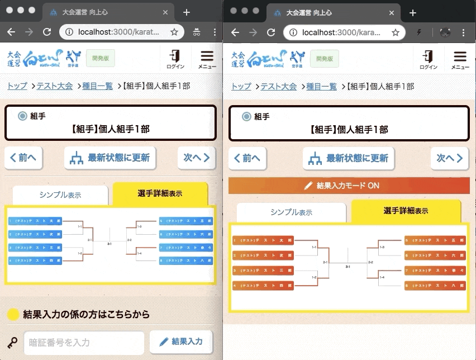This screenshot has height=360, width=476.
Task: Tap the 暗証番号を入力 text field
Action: click(84, 342)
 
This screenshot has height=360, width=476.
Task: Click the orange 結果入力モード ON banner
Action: click(349, 186)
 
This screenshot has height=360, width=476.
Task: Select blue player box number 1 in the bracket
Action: click(35, 221)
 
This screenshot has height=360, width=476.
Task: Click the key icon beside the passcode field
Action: click(13, 342)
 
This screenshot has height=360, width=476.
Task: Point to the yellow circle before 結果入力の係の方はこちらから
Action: click(13, 314)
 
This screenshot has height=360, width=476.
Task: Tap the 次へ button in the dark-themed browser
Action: click(449, 158)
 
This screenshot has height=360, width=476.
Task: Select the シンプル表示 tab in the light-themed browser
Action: click(60, 195)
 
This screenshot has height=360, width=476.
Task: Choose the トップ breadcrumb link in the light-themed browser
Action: click(17, 86)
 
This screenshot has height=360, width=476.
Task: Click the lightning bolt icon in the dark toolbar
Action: click(419, 32)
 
